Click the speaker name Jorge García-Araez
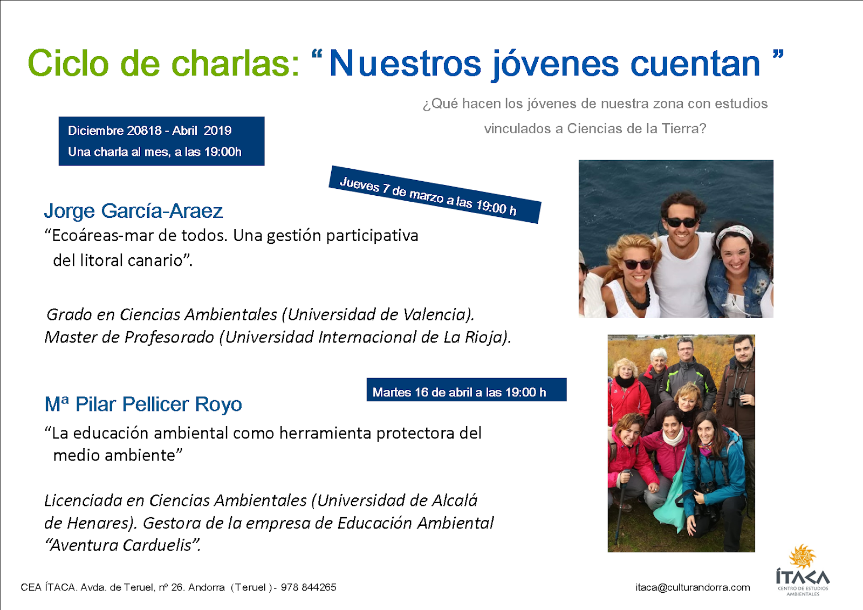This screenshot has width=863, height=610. [x=133, y=211]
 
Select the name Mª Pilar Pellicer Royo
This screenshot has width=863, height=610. [x=143, y=404]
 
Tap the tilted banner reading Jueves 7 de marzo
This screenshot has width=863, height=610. [x=435, y=195]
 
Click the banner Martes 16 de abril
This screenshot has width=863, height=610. [x=467, y=389]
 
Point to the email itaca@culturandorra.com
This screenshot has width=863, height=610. [x=693, y=587]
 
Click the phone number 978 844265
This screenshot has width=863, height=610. [x=308, y=587]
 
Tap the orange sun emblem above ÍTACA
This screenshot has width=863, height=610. [x=803, y=557]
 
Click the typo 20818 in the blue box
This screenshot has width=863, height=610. [x=144, y=131]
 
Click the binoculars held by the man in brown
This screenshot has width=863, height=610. [x=736, y=397]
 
